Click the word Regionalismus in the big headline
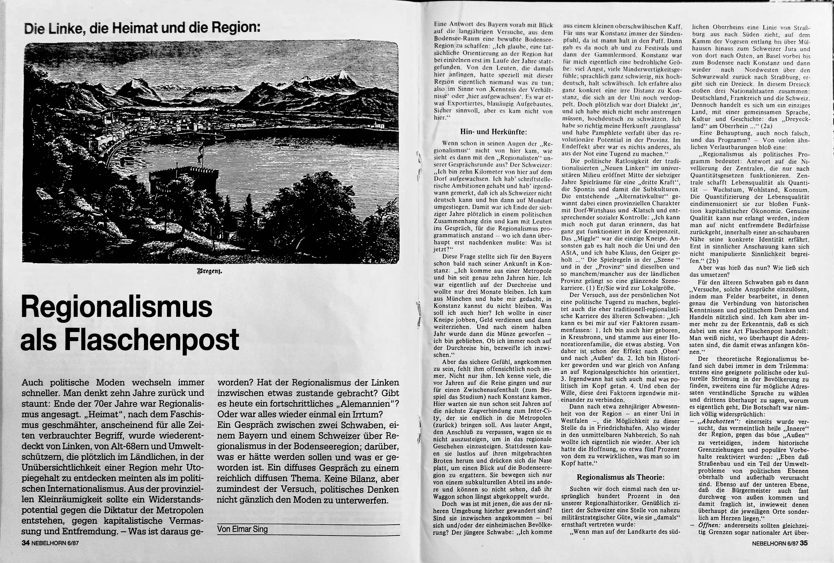[x=117, y=307]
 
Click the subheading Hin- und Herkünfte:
[x=493, y=132]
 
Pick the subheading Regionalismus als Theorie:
[x=620, y=477]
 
